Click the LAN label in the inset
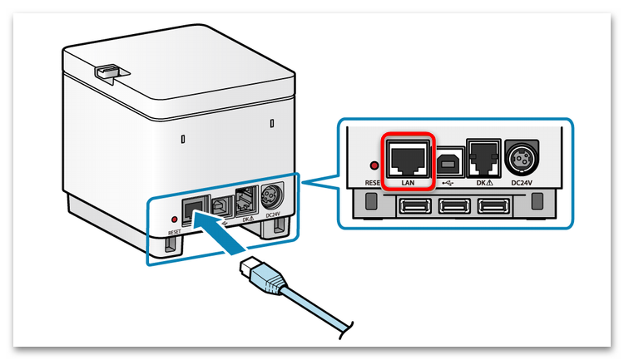(408, 183)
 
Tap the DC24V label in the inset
(522, 183)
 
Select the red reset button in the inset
(374, 165)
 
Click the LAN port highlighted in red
(408, 158)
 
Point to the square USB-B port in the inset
(450, 162)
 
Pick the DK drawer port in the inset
(483, 157)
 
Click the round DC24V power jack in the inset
(522, 157)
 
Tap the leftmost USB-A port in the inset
(416, 207)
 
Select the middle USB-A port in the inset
(454, 207)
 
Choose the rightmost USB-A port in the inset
(493, 207)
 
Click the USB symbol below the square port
(448, 183)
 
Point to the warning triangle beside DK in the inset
(489, 183)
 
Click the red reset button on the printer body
(174, 219)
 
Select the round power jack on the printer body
(272, 196)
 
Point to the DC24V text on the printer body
(273, 215)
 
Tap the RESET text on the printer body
(175, 232)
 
